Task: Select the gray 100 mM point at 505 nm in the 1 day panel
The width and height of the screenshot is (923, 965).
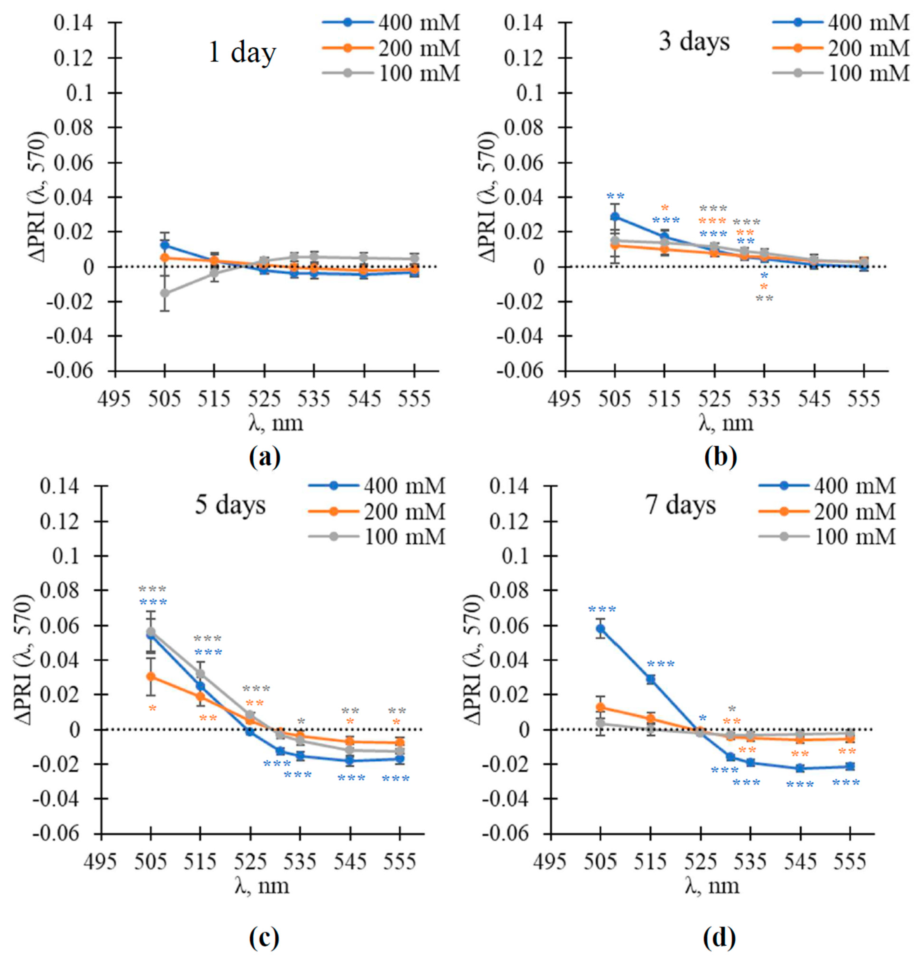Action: tap(165, 293)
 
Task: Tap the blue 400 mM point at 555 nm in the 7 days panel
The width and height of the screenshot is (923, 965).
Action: tap(850, 766)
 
